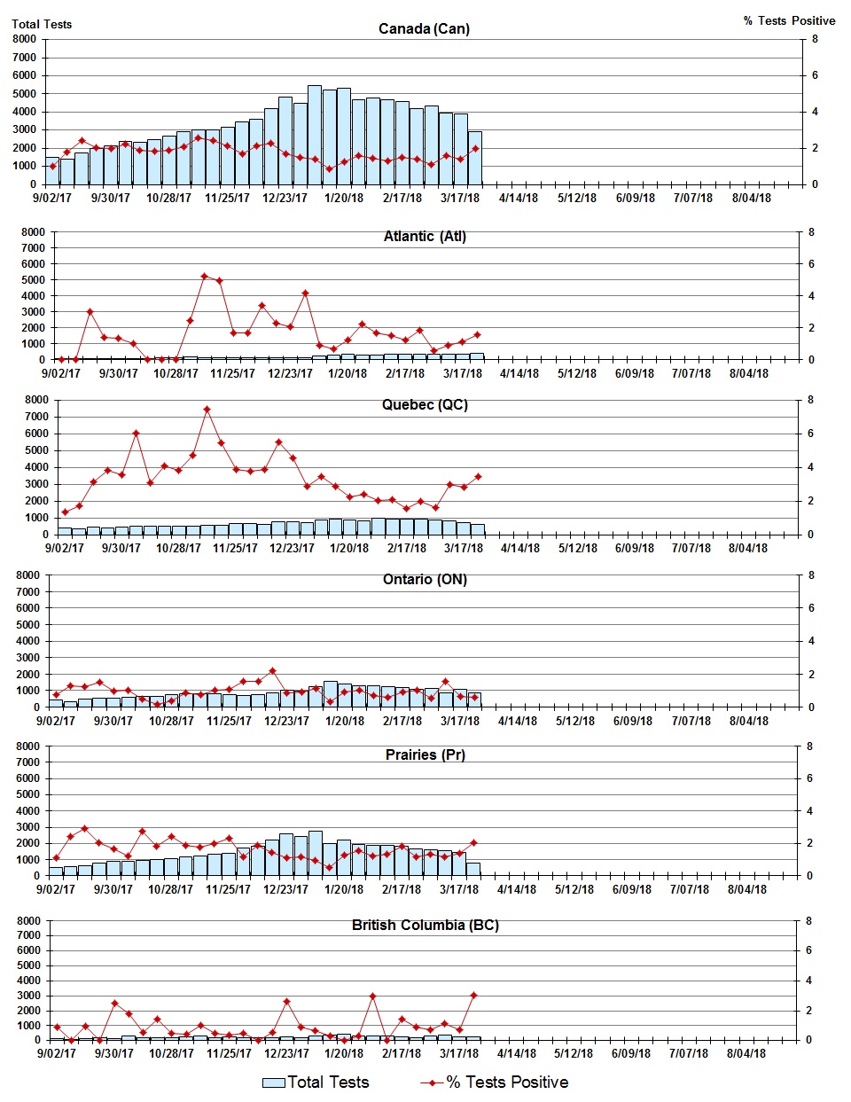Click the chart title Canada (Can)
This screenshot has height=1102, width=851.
click(x=424, y=28)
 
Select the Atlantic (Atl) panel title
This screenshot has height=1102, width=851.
click(x=425, y=236)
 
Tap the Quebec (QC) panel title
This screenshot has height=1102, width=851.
click(x=425, y=404)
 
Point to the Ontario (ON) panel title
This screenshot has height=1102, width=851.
click(x=425, y=579)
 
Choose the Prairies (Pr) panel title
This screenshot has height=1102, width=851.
click(x=425, y=754)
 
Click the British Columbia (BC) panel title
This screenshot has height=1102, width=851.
click(x=425, y=925)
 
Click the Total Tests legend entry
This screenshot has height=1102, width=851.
click(x=316, y=1082)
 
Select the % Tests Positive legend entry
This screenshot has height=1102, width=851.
click(x=495, y=1082)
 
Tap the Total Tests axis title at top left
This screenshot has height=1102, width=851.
click(x=42, y=24)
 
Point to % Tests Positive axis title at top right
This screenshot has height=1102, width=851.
click(x=789, y=20)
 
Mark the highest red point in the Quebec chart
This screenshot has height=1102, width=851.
click(x=207, y=410)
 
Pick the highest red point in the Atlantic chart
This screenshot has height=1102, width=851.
click(x=204, y=277)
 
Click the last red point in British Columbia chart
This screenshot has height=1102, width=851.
click(x=473, y=995)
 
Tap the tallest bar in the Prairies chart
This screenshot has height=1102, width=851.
click(x=315, y=853)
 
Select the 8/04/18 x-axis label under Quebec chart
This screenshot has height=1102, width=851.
click(x=748, y=548)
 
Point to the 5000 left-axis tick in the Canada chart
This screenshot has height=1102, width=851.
click(x=25, y=94)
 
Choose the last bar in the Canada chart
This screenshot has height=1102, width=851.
click(x=475, y=158)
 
